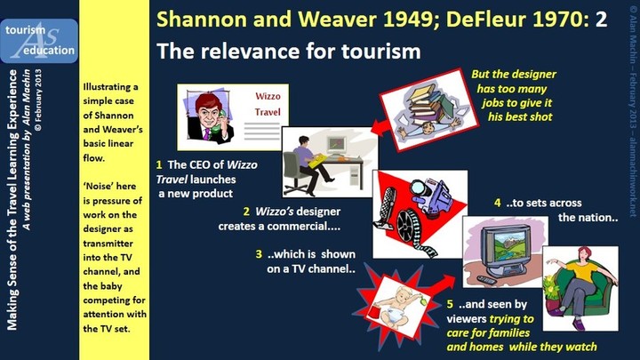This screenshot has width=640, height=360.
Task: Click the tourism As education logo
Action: (x=39, y=41)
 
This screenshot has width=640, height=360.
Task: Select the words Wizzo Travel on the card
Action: (x=268, y=104)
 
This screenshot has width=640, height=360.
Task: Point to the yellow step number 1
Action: (x=159, y=165)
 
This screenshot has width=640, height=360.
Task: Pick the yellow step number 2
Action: (x=246, y=212)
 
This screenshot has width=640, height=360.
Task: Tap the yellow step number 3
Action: (x=259, y=254)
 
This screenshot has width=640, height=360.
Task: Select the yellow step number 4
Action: (x=497, y=203)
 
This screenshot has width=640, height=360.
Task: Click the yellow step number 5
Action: (x=450, y=304)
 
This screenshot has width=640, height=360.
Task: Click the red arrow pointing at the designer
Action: (x=381, y=128)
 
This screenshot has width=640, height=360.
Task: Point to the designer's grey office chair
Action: (x=297, y=172)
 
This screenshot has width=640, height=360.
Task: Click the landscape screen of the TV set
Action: (x=506, y=245)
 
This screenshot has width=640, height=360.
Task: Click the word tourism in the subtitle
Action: (x=380, y=52)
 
